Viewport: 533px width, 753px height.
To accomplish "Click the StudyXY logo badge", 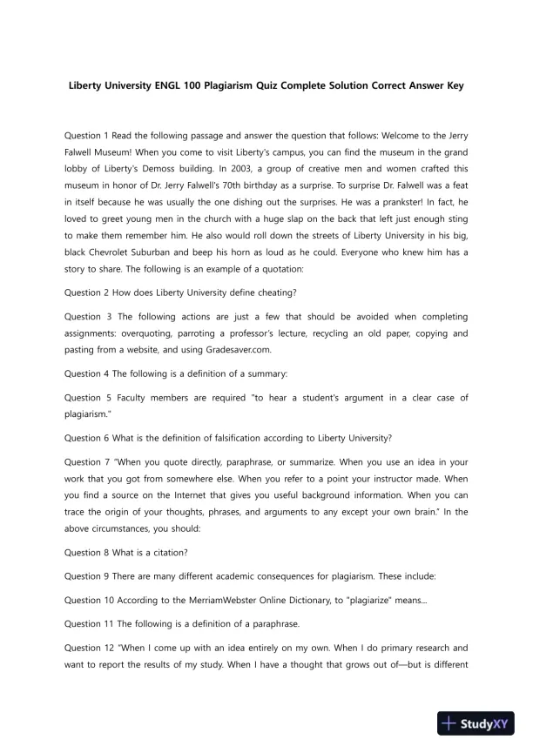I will [478, 723].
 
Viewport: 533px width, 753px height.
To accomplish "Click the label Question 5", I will [88, 397].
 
